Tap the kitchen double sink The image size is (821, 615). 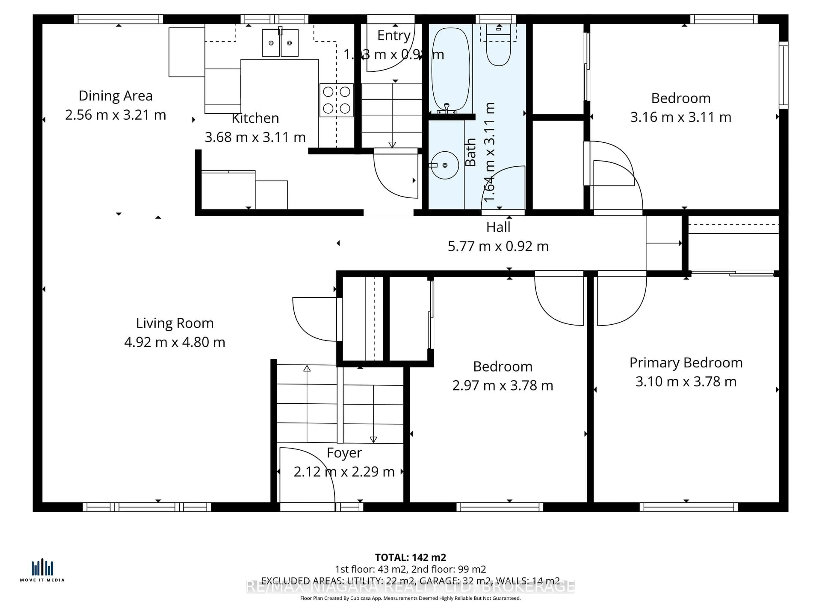click(280, 43)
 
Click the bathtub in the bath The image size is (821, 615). click(450, 70)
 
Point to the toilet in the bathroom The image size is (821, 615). click(498, 52)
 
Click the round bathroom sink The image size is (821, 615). click(445, 165)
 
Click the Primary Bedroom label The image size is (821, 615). click(686, 363)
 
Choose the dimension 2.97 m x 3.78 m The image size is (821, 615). click(503, 385)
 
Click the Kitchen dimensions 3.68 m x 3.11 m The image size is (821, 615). click(255, 137)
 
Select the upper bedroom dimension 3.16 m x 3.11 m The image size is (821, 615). click(681, 117)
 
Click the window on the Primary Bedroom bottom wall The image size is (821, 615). click(688, 507)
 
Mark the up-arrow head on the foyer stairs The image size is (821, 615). click(307, 369)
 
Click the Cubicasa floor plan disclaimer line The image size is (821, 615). click(410, 598)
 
